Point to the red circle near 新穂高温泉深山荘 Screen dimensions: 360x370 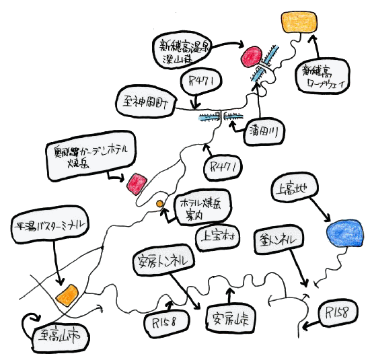click(252, 56)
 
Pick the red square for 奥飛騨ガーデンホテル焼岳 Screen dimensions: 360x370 click(137, 182)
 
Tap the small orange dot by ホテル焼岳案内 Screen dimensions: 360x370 click(160, 203)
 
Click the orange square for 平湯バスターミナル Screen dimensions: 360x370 click(67, 294)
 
